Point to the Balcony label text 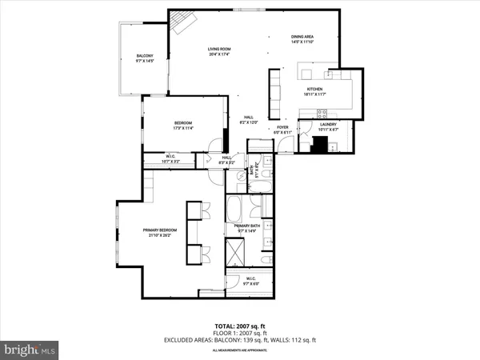click(x=145, y=55)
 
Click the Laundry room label click(x=329, y=125)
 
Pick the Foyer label click(x=282, y=127)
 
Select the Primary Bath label click(x=247, y=227)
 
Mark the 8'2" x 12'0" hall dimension click(x=248, y=122)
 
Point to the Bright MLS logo click(x=30, y=350)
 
